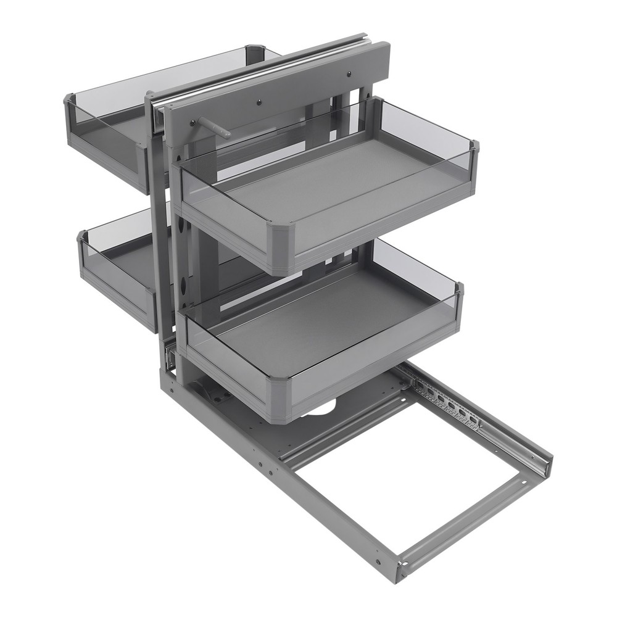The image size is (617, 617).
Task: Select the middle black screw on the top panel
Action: [260, 99]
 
